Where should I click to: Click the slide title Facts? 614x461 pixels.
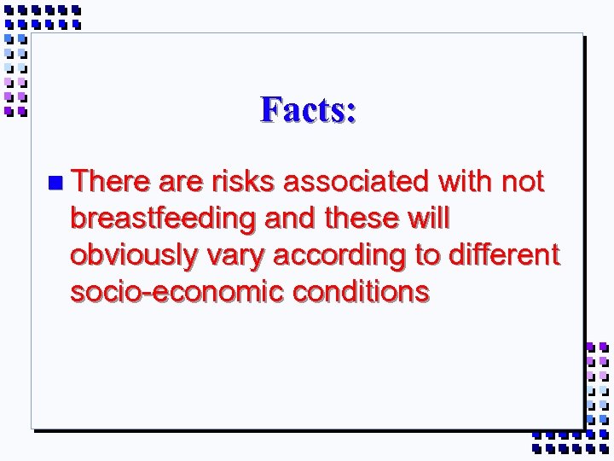click(x=308, y=109)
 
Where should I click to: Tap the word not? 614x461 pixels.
click(x=523, y=181)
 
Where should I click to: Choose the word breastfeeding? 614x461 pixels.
click(x=163, y=219)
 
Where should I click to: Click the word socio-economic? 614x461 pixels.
click(x=177, y=292)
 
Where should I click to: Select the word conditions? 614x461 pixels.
click(x=362, y=292)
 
